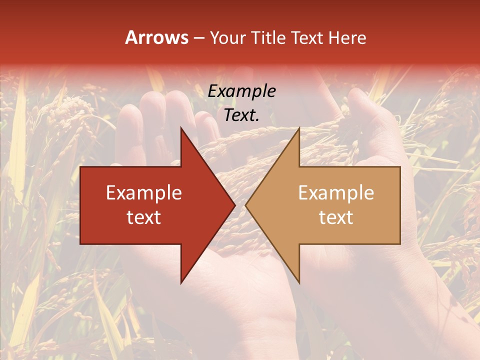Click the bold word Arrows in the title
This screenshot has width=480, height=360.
click(157, 37)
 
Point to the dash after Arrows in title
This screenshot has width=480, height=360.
click(199, 38)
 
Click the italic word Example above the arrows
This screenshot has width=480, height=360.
click(241, 91)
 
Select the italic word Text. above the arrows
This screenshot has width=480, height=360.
click(241, 115)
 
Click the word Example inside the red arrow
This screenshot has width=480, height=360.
click(144, 193)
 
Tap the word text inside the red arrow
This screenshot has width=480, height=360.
click(144, 217)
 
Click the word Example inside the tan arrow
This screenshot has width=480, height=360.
click(336, 193)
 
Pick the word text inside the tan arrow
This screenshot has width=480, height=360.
click(336, 217)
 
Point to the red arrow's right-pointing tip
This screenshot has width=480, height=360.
click(234, 205)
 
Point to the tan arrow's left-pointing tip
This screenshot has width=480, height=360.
click(246, 205)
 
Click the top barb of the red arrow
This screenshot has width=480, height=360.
click(182, 129)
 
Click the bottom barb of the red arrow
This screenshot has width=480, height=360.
click(182, 281)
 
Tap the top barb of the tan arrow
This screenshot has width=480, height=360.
click(298, 129)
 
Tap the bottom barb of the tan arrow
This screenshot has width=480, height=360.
click(298, 281)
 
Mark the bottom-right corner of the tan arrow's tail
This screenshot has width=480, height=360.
click(399, 243)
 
